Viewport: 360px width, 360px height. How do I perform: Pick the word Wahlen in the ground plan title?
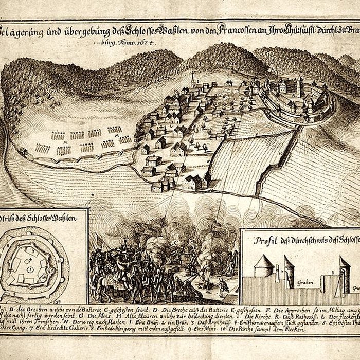[x=65, y=219]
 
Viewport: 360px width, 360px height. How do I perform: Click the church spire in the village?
[x=192, y=77]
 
